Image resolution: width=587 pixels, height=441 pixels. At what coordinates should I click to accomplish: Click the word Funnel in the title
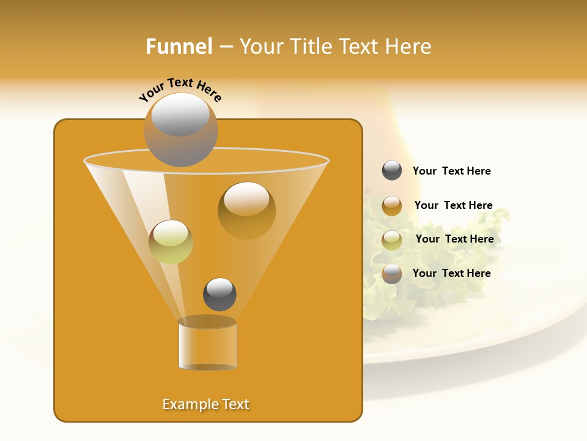(179, 47)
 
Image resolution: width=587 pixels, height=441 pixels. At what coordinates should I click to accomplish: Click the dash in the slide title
(225, 47)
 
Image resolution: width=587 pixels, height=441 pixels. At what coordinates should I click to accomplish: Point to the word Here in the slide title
(407, 47)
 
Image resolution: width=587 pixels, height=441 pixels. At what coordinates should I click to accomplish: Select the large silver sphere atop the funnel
(180, 129)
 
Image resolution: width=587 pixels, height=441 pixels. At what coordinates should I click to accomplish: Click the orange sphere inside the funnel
(246, 210)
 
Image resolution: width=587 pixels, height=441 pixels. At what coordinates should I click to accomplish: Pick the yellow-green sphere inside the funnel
(171, 242)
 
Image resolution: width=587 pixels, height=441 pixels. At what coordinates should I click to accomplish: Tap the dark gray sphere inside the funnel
(220, 294)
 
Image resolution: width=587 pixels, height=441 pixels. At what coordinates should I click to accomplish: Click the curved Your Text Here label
(180, 90)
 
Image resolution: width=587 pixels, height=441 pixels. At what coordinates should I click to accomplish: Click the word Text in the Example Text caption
(235, 404)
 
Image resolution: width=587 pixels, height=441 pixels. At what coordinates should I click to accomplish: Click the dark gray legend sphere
(392, 171)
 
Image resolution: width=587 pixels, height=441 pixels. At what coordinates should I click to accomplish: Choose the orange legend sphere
(392, 206)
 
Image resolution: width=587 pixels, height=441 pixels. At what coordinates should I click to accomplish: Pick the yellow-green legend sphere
(392, 240)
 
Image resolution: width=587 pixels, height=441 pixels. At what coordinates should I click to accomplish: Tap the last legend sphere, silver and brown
(392, 274)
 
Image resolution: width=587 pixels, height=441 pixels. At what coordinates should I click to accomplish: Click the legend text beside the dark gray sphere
(451, 171)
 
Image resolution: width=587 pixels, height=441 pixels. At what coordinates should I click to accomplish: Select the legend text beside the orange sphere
(453, 205)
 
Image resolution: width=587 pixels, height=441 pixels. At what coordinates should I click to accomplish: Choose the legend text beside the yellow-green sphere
(454, 239)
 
